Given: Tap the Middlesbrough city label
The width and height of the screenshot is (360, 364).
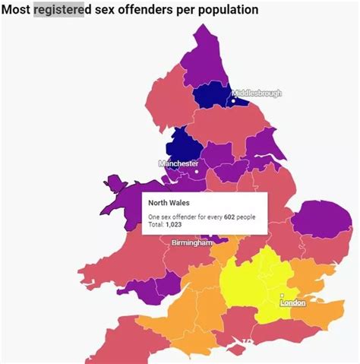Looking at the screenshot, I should click(257, 93).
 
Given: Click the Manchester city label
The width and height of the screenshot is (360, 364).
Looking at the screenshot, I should click(178, 163).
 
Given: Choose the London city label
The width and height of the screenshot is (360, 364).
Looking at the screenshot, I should click(292, 302).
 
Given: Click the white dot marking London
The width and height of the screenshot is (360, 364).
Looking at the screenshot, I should click(282, 296).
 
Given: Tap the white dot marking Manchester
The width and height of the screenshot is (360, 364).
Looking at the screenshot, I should click(197, 171).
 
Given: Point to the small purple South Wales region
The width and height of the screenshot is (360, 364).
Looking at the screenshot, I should click(141, 290).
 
